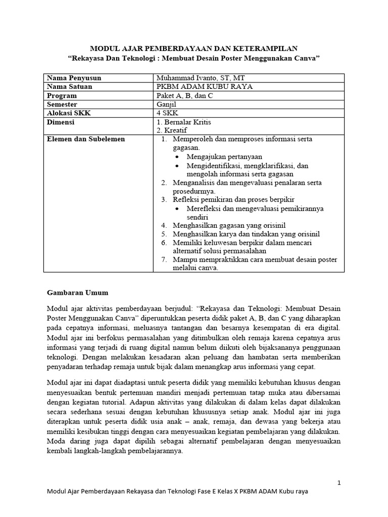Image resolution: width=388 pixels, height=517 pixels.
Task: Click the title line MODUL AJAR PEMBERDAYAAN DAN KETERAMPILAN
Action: [x=194, y=48]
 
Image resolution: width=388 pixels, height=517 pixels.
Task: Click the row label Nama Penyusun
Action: [x=74, y=78]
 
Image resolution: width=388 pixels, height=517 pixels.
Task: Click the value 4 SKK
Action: [x=167, y=113]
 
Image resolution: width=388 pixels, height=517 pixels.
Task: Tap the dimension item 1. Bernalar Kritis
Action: [x=184, y=122]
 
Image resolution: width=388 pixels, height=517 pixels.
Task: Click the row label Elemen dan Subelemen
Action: [x=85, y=139]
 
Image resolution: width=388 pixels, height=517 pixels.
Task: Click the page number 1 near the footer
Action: [x=339, y=483]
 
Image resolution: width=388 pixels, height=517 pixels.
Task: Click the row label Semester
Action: [x=63, y=105]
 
